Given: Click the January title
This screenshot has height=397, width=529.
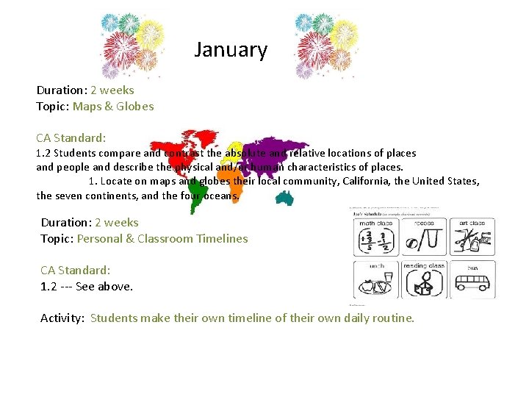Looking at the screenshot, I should (231, 50).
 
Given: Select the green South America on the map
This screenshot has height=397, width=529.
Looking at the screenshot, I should (195, 195).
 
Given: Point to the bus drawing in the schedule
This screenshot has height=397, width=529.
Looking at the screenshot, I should (472, 282).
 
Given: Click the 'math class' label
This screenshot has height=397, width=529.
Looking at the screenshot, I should (376, 223).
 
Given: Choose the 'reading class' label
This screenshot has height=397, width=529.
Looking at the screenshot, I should (425, 265).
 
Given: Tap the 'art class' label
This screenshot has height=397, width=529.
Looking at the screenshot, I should (472, 223).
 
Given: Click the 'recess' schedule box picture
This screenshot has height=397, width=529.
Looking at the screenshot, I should (425, 239).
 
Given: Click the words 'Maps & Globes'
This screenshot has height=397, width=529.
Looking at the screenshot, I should (113, 106).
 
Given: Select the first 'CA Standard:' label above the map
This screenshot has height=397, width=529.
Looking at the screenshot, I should (71, 137).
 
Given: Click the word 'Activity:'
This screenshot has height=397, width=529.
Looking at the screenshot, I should (63, 318).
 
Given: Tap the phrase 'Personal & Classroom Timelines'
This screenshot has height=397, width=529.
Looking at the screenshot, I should (162, 238).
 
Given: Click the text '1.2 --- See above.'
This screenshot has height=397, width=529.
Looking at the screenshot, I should (87, 286).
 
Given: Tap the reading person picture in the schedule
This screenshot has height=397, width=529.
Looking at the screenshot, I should (424, 283).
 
